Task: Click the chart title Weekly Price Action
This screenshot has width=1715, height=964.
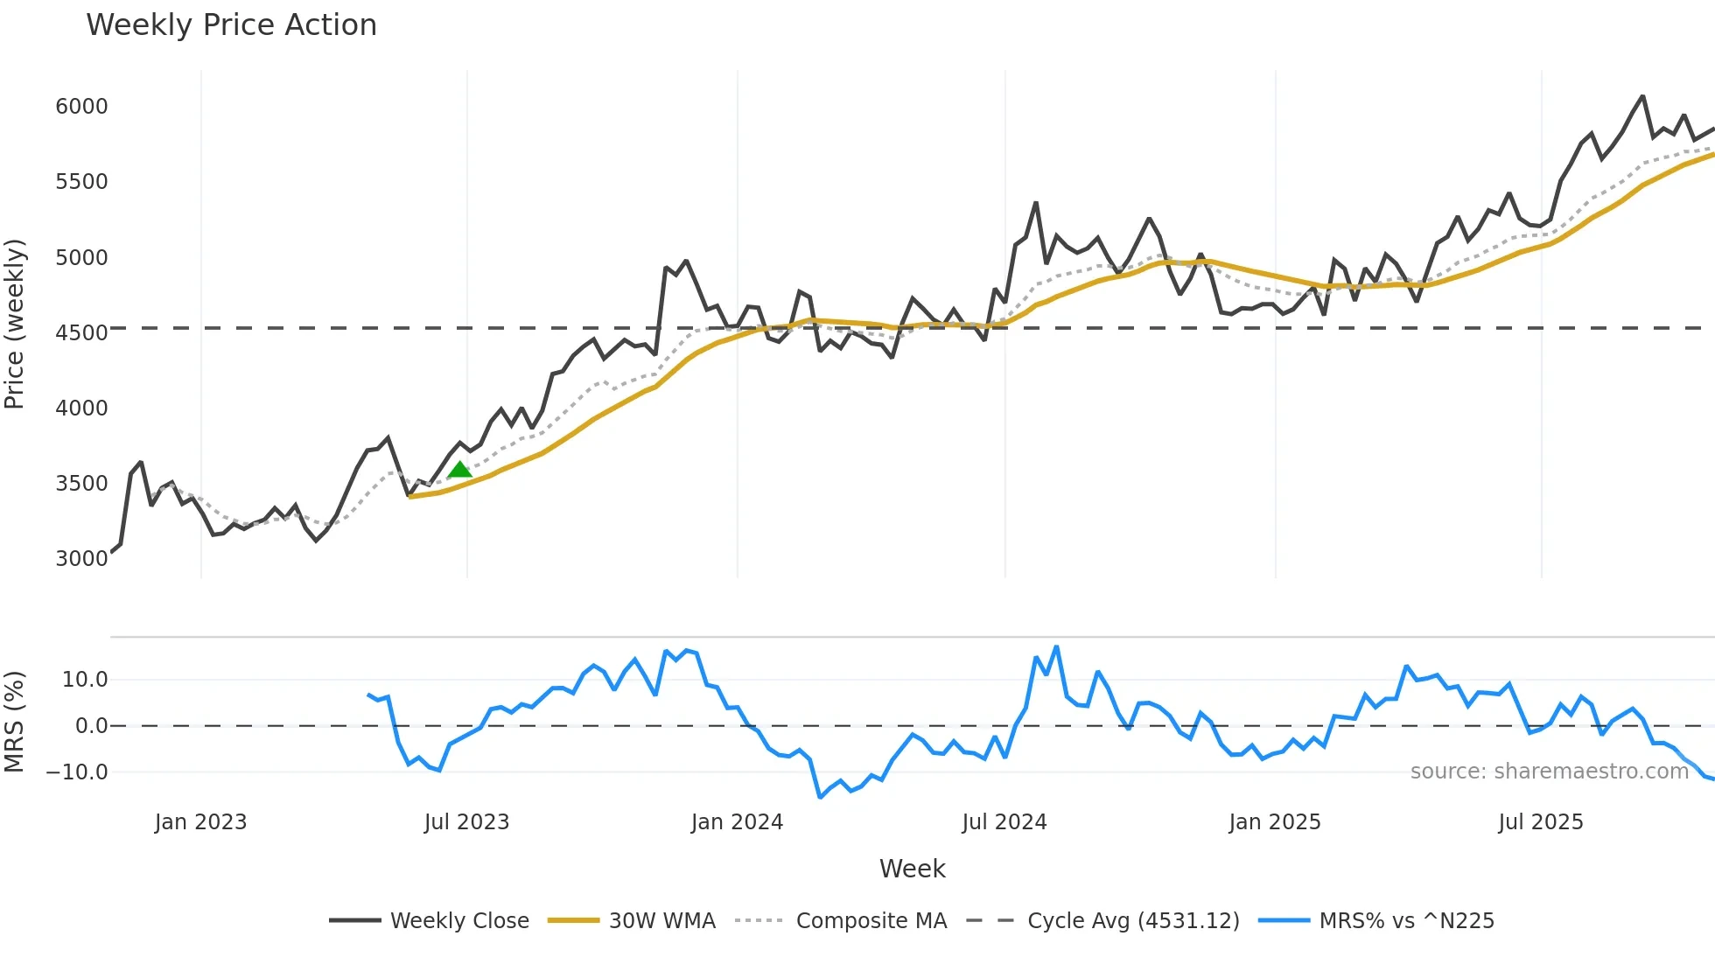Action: tap(231, 25)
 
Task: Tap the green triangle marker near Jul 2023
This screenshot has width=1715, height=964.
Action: tap(459, 470)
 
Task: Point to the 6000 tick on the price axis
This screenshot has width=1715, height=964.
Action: tap(81, 107)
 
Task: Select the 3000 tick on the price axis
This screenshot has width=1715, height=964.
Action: tap(81, 559)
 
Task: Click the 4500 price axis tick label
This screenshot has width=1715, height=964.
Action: tap(81, 333)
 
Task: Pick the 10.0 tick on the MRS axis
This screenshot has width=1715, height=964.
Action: tap(85, 680)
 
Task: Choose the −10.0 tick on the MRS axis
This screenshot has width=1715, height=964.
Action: tap(77, 772)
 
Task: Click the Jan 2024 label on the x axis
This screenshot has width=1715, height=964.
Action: tap(737, 822)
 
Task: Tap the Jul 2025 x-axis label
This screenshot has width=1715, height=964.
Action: tap(1540, 822)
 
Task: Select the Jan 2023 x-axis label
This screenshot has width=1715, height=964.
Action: tap(200, 822)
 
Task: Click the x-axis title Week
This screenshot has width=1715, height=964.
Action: tap(912, 869)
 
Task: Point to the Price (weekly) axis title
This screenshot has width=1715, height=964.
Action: tap(15, 324)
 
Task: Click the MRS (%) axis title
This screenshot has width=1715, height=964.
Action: tap(15, 722)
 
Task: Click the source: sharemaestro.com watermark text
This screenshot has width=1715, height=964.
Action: tap(1549, 772)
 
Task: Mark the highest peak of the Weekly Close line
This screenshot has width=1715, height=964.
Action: tap(1642, 96)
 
